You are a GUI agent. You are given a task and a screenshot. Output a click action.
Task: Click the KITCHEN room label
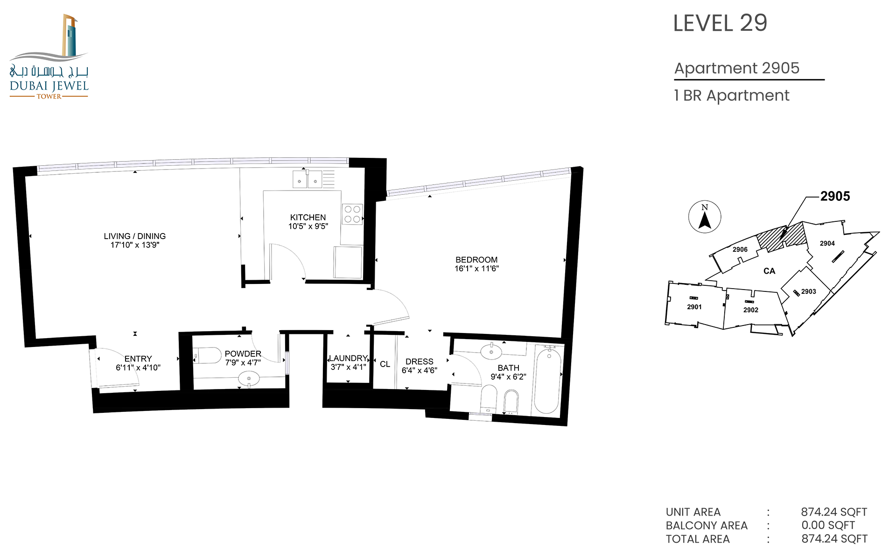(x=308, y=218)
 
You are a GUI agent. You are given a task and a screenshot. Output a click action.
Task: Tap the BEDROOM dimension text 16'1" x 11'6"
(x=476, y=269)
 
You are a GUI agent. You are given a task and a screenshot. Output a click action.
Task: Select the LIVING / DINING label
(x=135, y=236)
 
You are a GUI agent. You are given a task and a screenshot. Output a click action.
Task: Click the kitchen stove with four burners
(x=352, y=214)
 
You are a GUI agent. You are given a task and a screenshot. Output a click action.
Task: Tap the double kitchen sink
(x=307, y=179)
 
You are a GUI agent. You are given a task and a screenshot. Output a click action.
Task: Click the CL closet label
(x=385, y=364)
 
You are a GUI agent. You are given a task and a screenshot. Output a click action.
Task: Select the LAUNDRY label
(x=349, y=358)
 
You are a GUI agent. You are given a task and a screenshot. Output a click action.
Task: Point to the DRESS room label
(x=420, y=362)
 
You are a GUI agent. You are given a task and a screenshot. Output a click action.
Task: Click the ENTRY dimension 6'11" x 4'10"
(x=138, y=368)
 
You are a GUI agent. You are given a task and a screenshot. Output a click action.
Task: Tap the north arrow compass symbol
(x=705, y=217)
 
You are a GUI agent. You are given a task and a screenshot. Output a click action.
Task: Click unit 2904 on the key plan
(x=827, y=243)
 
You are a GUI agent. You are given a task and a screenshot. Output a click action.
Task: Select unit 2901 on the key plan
(x=694, y=307)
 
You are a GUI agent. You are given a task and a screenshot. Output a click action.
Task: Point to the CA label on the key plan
(x=770, y=271)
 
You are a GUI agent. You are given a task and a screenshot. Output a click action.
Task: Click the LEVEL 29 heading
(x=720, y=23)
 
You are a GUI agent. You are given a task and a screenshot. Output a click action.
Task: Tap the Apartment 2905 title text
(x=737, y=68)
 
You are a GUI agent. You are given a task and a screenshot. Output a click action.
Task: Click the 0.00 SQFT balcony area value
(x=828, y=525)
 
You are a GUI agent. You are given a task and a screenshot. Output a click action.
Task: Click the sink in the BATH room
(x=491, y=352)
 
